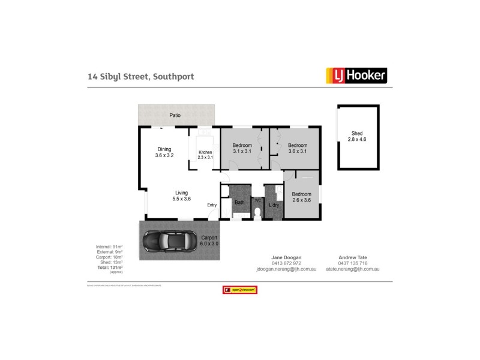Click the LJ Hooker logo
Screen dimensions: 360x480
point(356,75)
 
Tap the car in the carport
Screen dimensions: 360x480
point(170,241)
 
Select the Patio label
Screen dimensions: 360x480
point(175,115)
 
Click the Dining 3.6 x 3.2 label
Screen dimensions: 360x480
point(164,152)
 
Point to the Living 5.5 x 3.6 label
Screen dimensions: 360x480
point(181,196)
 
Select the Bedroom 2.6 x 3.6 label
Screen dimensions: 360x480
point(302,197)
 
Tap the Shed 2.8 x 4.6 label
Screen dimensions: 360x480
point(357,136)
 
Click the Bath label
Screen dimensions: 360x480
point(239,203)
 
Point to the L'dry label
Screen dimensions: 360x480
point(274,206)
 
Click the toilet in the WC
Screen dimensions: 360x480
point(257,212)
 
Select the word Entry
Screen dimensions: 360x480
point(212,205)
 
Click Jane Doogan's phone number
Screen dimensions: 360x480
point(286,263)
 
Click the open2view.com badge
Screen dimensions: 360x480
point(240,290)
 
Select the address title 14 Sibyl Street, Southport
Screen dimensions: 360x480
point(141,76)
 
